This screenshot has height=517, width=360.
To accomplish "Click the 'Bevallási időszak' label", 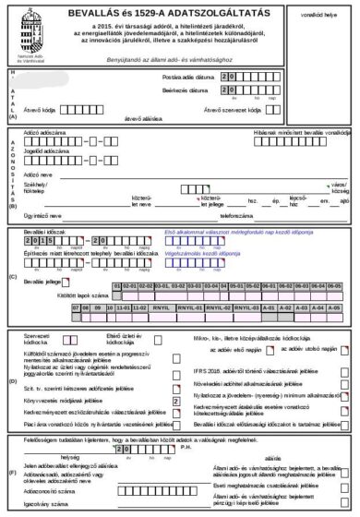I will pos(42,230).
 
